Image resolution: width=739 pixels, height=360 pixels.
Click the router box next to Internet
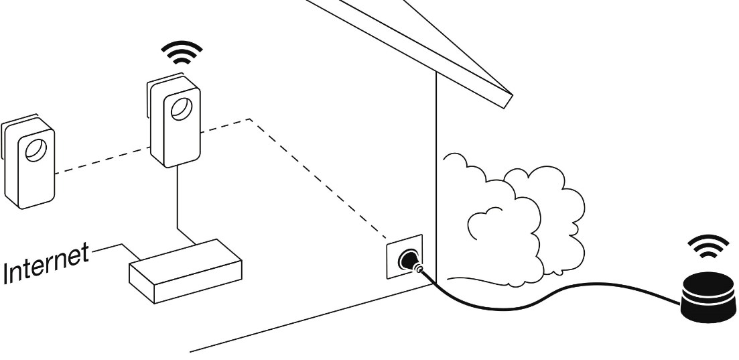(x=186, y=268)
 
